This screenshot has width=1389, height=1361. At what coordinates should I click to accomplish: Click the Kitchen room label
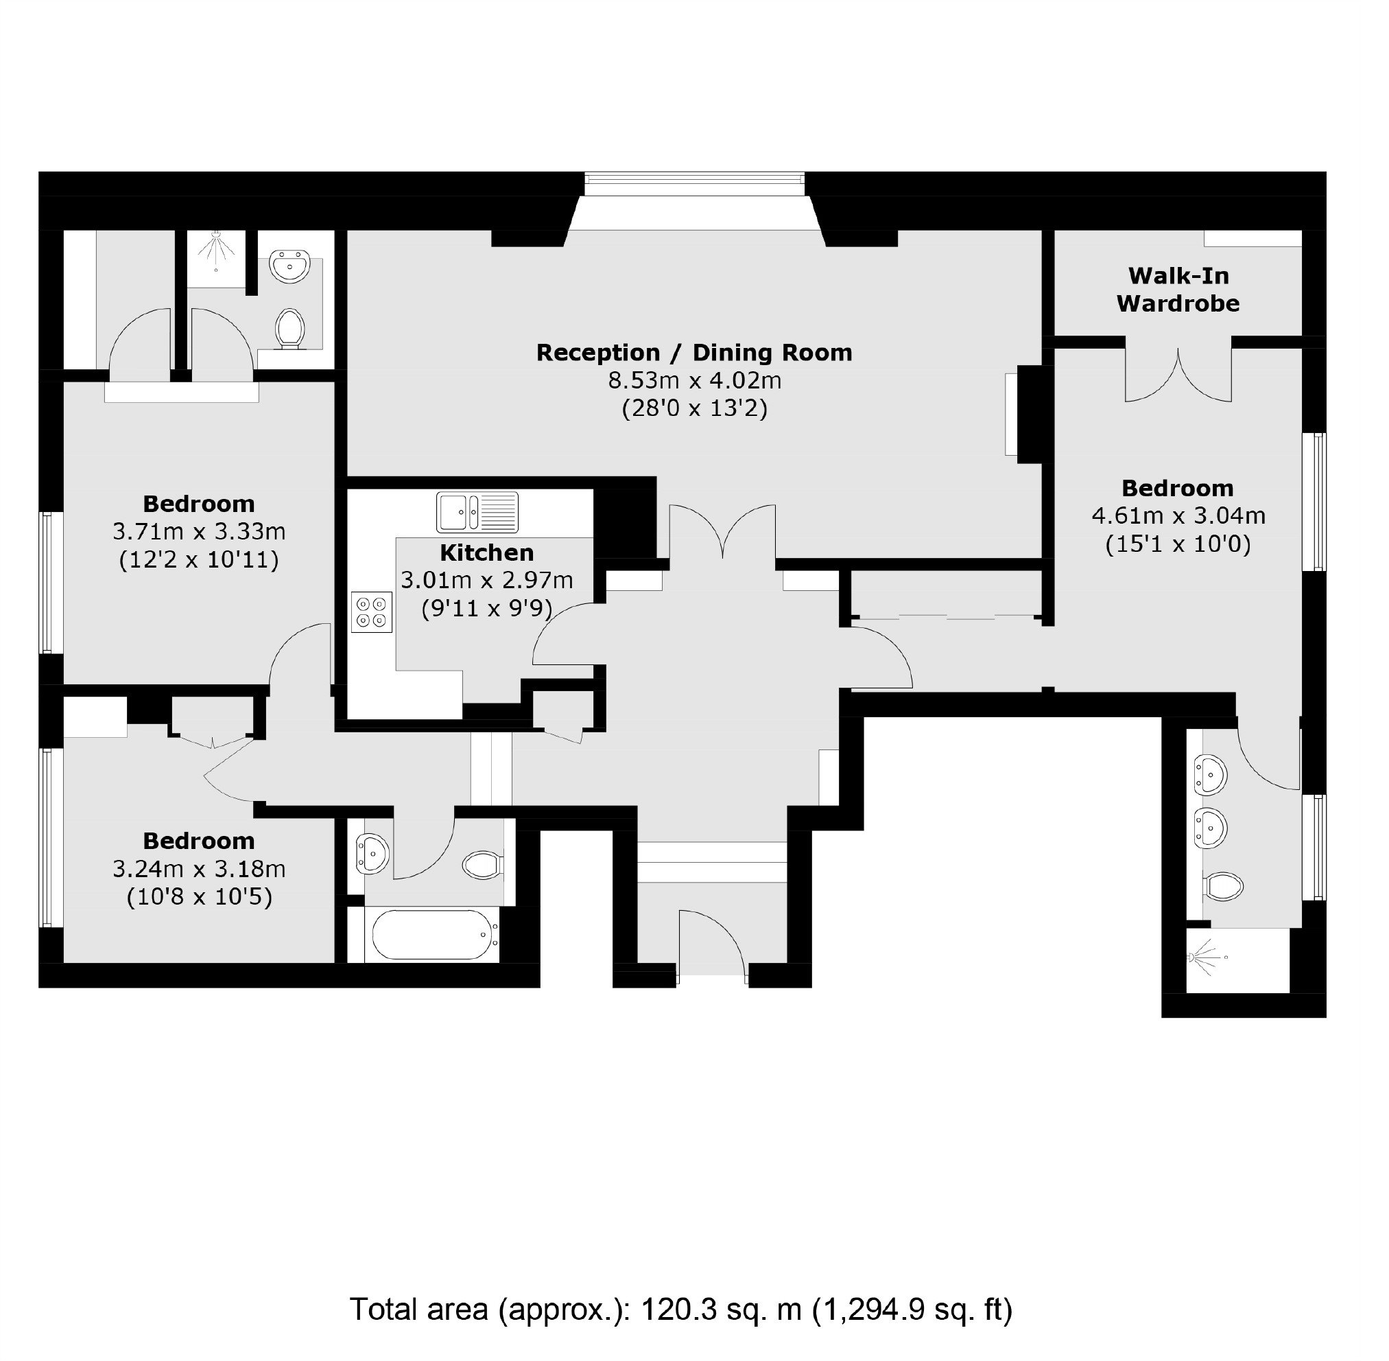[x=486, y=552]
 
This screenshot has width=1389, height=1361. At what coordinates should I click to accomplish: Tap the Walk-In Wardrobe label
[x=1178, y=290]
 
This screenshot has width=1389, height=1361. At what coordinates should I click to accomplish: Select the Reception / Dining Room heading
[x=693, y=352]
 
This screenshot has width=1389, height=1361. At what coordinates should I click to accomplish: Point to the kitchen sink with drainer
[x=477, y=512]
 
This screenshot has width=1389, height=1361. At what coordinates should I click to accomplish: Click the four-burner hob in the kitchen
[x=372, y=612]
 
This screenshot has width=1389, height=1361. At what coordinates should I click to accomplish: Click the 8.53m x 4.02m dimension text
[x=694, y=380]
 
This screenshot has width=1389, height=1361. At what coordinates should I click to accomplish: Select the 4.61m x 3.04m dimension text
[x=1178, y=515]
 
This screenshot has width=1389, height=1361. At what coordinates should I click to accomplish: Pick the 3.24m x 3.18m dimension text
[x=200, y=868]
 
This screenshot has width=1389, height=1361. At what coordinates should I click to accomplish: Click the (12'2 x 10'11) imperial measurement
[x=200, y=559]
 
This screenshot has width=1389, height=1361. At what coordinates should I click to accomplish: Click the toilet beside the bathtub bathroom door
[x=484, y=865]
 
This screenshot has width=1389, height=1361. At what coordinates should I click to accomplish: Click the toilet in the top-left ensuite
[x=290, y=329]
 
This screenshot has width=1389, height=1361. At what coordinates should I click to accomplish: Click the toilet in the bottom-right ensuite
[x=1223, y=887]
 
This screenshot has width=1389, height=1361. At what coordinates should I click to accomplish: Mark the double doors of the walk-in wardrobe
[x=1178, y=373]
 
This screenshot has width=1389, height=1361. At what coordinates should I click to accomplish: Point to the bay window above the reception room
[x=694, y=184]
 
